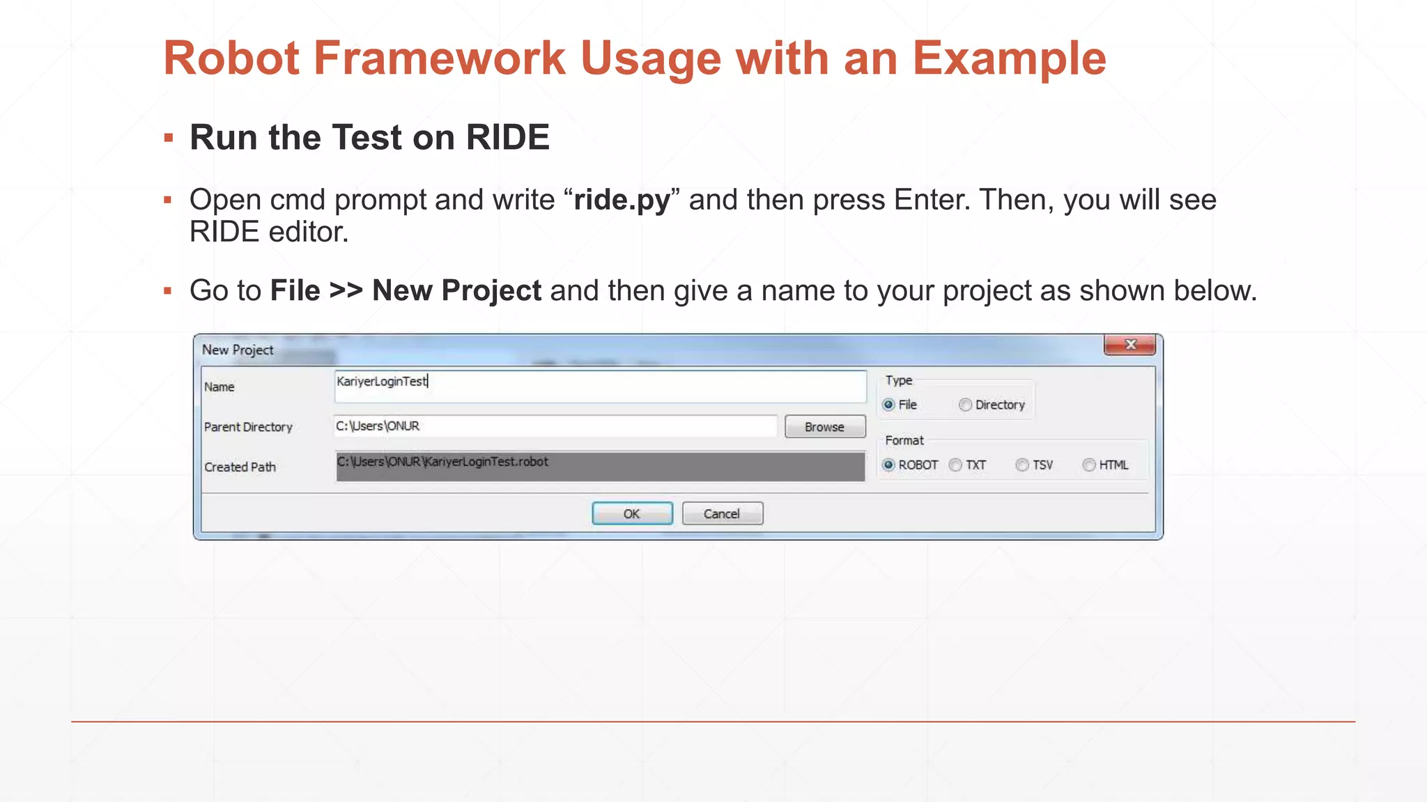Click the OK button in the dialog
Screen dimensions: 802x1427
tap(632, 514)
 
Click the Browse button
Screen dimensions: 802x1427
tap(825, 427)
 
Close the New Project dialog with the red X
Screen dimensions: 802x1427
tap(1129, 345)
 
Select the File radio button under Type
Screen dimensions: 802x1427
tap(889, 404)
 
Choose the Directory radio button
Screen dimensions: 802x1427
tap(965, 404)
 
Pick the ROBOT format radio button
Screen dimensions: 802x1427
tap(889, 465)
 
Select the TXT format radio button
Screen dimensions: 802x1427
tap(956, 465)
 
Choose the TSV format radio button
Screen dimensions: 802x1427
tap(1022, 465)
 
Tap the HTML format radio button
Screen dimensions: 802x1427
tap(1089, 465)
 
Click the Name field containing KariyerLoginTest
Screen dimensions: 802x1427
tap(599, 386)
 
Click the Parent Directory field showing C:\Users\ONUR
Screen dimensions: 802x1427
tap(555, 426)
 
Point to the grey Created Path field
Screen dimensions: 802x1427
tap(599, 466)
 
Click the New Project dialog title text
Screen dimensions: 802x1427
tap(238, 349)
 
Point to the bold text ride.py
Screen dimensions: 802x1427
tap(622, 200)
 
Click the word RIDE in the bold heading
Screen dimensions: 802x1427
tap(507, 137)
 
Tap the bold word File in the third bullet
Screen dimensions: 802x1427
tap(295, 290)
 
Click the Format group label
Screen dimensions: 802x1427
tap(904, 440)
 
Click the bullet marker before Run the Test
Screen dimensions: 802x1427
tap(168, 138)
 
